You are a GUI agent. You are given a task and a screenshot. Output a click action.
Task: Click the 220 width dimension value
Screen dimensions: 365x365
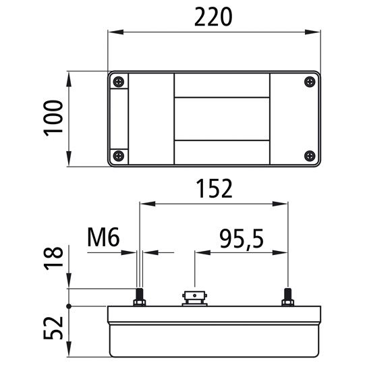coord(213,17)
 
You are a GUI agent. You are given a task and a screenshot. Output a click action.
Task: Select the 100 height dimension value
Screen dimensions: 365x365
coord(53,118)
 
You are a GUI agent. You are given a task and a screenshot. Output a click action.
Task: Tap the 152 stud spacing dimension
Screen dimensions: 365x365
coord(214,188)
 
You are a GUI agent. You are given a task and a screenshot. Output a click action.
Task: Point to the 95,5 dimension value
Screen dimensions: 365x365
coord(242,239)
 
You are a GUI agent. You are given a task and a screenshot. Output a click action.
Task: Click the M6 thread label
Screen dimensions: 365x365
coord(103,237)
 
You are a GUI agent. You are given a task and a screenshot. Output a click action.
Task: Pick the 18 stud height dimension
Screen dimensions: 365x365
coord(53,258)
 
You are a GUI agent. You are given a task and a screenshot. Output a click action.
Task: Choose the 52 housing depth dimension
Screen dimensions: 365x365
coord(53,328)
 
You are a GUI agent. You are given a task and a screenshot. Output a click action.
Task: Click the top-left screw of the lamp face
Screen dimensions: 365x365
coord(119,82)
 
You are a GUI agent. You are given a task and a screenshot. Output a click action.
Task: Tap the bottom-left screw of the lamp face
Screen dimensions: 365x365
coord(119,156)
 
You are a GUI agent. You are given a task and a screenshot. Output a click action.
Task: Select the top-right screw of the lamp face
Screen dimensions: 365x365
coord(310,82)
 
